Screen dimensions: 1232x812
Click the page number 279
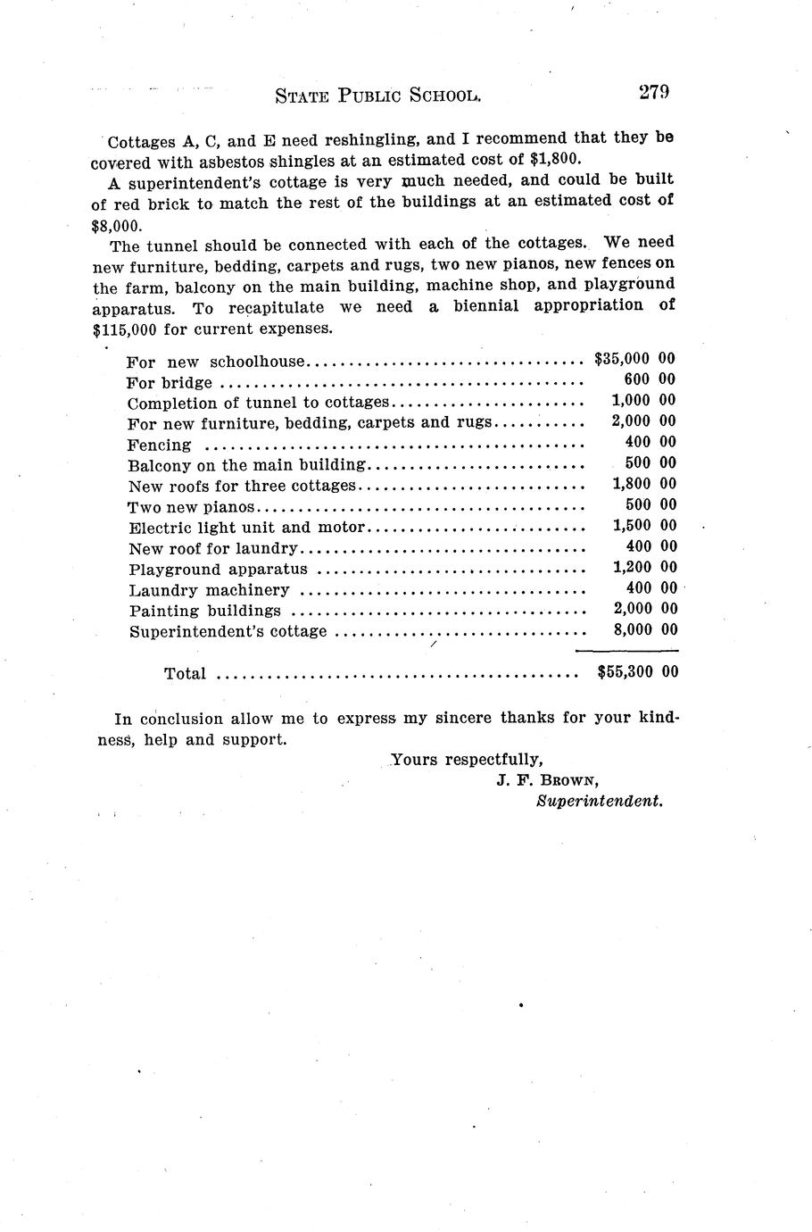[652, 93]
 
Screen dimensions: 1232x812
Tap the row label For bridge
[170, 383]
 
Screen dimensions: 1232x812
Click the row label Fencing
[160, 445]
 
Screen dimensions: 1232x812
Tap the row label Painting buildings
[205, 612]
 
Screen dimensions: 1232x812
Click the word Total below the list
[185, 674]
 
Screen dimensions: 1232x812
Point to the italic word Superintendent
[600, 802]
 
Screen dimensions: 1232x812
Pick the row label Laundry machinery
[209, 590]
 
